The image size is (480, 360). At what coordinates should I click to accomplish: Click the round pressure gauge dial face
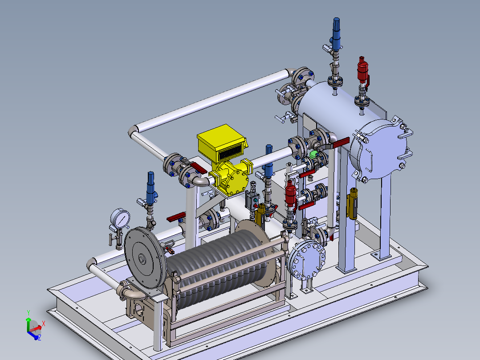click(x=120, y=218)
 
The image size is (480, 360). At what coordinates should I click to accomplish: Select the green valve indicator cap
click(x=313, y=154)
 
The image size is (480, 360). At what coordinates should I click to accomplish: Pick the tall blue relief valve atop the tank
click(x=336, y=34)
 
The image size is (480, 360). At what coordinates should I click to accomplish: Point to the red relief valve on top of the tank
click(x=362, y=69)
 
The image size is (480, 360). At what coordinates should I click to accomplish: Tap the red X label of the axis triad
click(x=44, y=323)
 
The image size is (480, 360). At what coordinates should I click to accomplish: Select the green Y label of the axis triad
click(x=28, y=312)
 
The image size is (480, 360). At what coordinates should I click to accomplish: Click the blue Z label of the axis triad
click(x=40, y=338)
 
